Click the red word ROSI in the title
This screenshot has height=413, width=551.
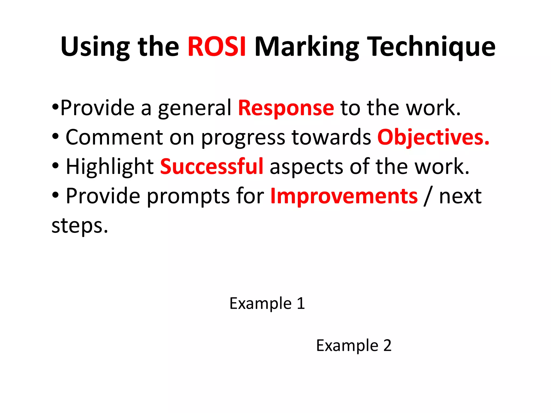click(x=217, y=47)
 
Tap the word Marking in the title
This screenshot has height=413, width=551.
click(x=307, y=47)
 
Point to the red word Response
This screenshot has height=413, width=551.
click(x=286, y=108)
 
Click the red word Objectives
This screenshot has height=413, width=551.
click(x=433, y=137)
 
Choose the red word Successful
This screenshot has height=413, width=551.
click(x=212, y=166)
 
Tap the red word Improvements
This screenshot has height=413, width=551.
click(x=344, y=196)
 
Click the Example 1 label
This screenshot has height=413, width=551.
click(x=267, y=303)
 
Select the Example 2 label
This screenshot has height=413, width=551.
click(x=354, y=345)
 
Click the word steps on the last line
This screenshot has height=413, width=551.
click(x=80, y=226)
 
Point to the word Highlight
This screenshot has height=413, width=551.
click(x=110, y=167)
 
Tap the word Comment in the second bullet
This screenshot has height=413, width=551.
click(x=114, y=137)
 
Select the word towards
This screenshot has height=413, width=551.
click(x=331, y=137)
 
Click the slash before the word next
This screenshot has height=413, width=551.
click(x=428, y=196)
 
